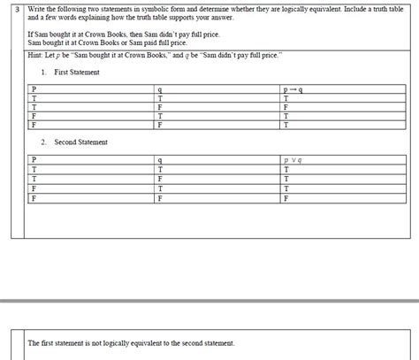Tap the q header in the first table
(158, 89)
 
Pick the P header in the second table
(34, 159)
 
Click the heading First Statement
(77, 72)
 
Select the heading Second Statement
(81, 142)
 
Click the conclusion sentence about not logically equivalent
(131, 342)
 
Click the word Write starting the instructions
(37, 7)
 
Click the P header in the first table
(34, 89)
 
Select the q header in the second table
(158, 159)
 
